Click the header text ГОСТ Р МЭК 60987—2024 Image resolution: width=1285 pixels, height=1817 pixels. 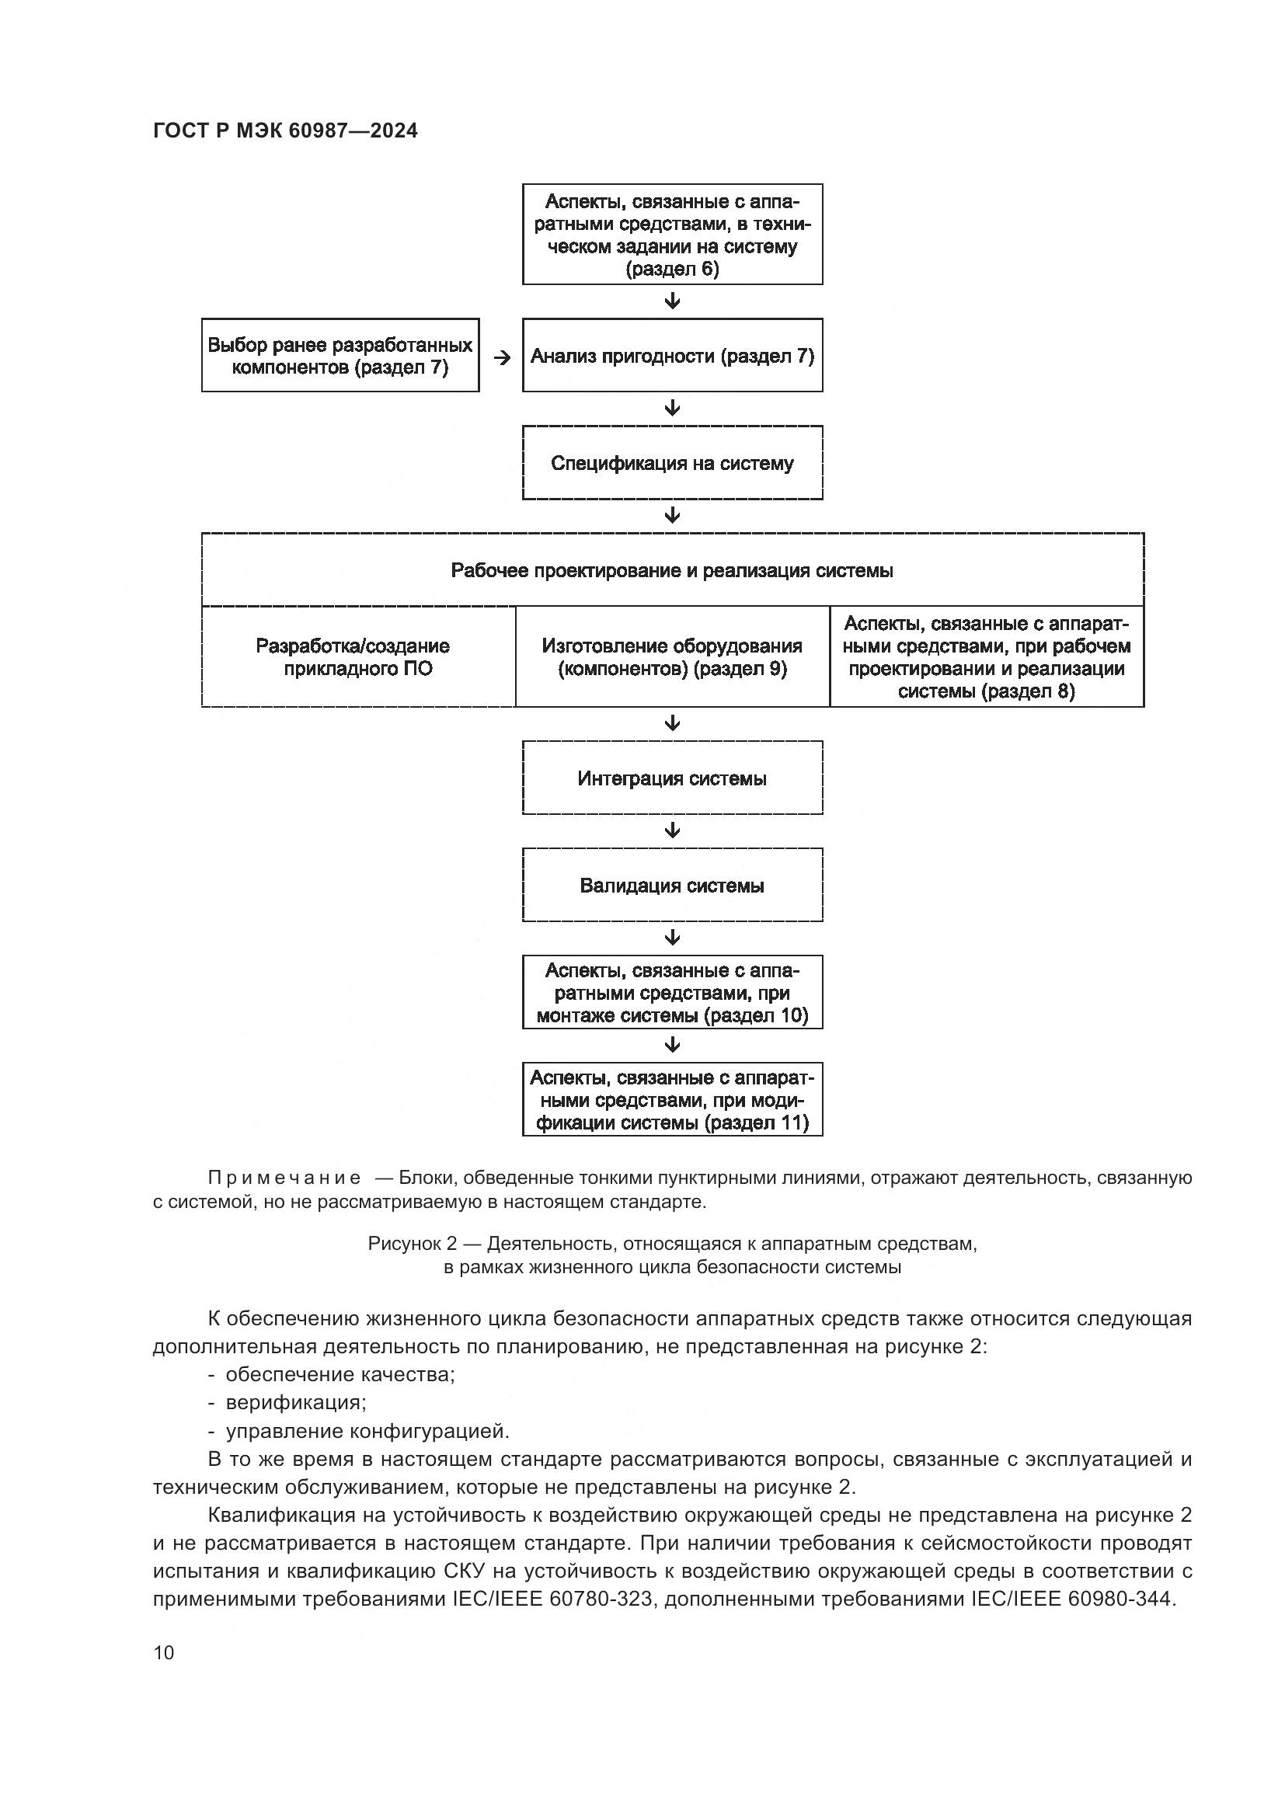[x=285, y=131]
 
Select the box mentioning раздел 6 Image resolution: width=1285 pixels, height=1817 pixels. [x=672, y=235]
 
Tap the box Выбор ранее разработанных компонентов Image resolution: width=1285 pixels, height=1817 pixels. [x=340, y=355]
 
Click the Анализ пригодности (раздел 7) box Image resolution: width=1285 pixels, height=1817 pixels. [x=672, y=355]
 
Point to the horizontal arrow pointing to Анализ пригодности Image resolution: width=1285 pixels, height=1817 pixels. [x=502, y=357]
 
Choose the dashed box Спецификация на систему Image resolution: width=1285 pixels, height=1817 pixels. [x=672, y=463]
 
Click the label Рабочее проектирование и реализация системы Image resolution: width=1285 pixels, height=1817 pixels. [x=672, y=571]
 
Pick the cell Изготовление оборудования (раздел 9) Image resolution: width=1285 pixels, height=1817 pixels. [x=672, y=657]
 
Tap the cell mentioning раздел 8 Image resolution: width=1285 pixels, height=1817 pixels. [x=987, y=657]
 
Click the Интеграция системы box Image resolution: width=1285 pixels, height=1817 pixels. [x=672, y=778]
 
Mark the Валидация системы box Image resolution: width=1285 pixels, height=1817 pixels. [x=672, y=885]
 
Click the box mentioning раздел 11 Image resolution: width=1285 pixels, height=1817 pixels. [x=672, y=1100]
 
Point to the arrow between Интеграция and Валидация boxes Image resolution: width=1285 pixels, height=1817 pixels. [x=673, y=831]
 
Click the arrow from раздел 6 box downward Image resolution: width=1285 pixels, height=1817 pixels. [x=673, y=301]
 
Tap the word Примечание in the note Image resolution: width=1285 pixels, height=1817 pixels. [x=284, y=1178]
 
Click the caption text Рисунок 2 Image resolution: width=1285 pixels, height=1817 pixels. [x=413, y=1244]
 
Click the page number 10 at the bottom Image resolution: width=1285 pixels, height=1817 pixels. [x=164, y=1652]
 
